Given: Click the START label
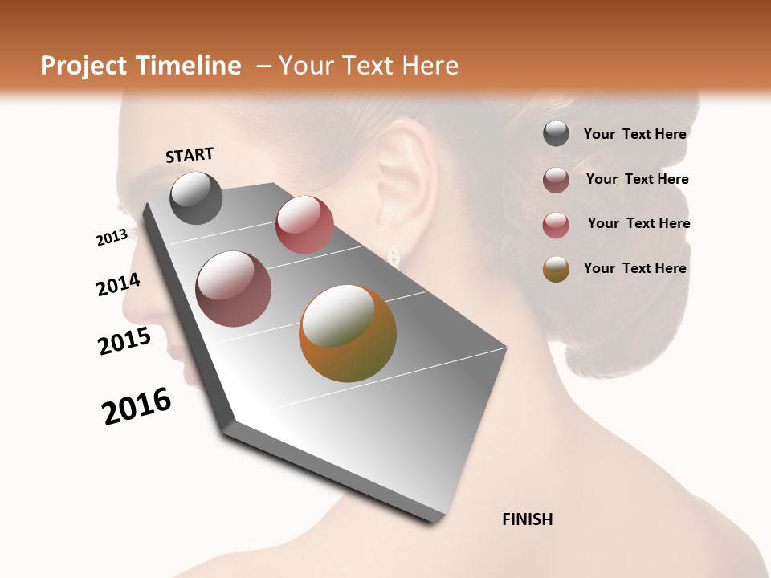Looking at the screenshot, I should [190, 155].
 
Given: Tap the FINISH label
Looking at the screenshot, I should [527, 519].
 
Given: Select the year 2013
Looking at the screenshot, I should [112, 238].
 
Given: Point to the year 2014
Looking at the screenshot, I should [118, 285].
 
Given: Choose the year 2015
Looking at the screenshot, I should [124, 341].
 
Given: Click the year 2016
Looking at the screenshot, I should [137, 406].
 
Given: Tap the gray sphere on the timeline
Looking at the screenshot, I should [196, 197].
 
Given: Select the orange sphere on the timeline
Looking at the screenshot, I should [348, 333].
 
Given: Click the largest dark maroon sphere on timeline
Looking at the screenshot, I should [234, 289].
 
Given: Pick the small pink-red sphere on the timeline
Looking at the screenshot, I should [304, 225].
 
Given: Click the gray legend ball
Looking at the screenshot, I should [556, 134].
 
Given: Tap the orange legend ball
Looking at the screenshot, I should [556, 269].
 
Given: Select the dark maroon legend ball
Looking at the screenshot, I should [556, 180].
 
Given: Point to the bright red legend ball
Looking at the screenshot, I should [556, 225].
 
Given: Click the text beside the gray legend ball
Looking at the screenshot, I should [634, 134].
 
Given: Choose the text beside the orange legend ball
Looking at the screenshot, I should [634, 268].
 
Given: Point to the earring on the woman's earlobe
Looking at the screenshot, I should [394, 254].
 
